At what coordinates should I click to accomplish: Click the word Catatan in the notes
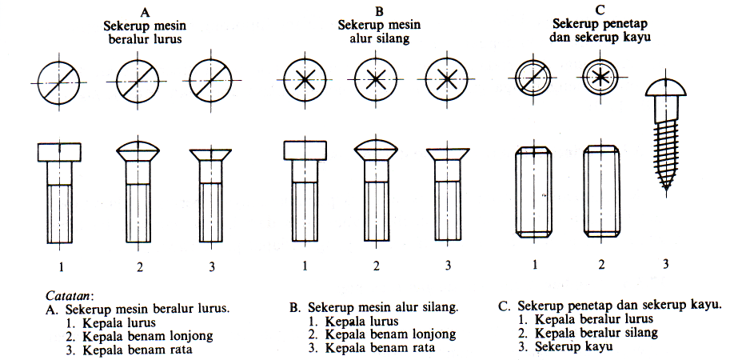(70, 295)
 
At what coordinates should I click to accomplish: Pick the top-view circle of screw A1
(60, 82)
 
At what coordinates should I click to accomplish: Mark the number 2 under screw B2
(375, 266)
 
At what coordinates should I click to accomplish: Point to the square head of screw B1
(305, 151)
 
